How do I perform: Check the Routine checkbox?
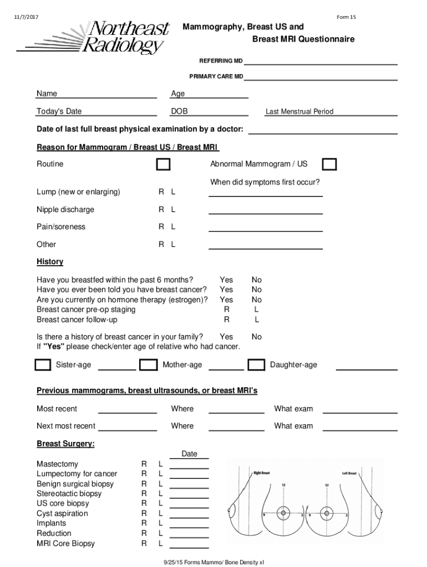click(x=163, y=164)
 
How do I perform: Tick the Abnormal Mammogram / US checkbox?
click(x=329, y=164)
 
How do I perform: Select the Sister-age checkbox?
click(x=43, y=365)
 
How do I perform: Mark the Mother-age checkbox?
click(x=148, y=365)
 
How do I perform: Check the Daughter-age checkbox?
click(x=256, y=365)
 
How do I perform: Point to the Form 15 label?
click(x=346, y=17)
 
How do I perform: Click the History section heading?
click(x=50, y=261)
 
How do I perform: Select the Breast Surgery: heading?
click(x=65, y=444)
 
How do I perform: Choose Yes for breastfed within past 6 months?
click(x=226, y=280)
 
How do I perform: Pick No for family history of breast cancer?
click(x=256, y=337)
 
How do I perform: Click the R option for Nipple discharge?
click(x=161, y=209)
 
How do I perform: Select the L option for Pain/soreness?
click(x=173, y=226)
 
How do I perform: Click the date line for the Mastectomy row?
click(x=189, y=467)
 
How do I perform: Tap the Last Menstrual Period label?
click(x=299, y=111)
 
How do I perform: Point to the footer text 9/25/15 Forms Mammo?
click(x=213, y=561)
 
